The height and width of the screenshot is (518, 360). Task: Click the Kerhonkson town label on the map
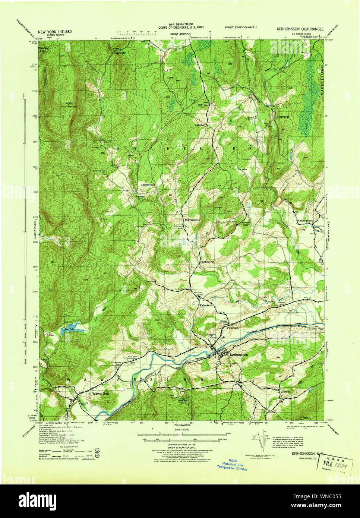[239, 355]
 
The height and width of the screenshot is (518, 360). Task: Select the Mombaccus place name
[192, 220]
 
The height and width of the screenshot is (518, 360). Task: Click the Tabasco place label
[200, 125]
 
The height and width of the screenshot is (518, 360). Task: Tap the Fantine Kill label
[208, 262]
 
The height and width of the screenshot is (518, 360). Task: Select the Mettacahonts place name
[305, 220]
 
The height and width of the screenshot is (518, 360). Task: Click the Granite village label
[285, 391]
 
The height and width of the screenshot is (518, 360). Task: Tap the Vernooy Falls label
[47, 49]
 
